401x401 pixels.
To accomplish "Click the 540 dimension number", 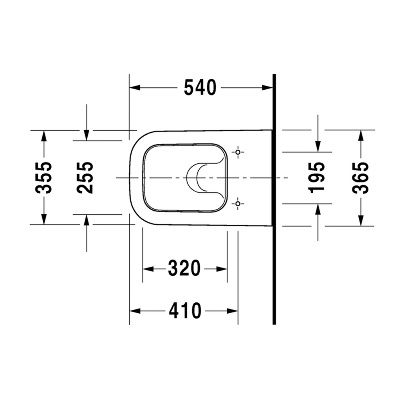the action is click(x=200, y=87).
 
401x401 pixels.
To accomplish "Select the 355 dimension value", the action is click(x=43, y=177).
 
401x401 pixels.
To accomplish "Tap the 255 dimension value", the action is click(x=85, y=177).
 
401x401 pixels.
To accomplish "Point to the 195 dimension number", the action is click(x=316, y=177).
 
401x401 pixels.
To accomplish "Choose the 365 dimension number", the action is click(x=360, y=177).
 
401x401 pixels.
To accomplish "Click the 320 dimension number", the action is click(x=184, y=269).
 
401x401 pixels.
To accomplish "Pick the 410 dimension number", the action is click(x=185, y=311).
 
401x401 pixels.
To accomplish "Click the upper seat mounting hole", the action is click(x=238, y=152).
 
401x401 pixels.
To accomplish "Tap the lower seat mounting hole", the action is click(x=238, y=204).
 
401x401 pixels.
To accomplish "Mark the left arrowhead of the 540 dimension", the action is click(x=135, y=87).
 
